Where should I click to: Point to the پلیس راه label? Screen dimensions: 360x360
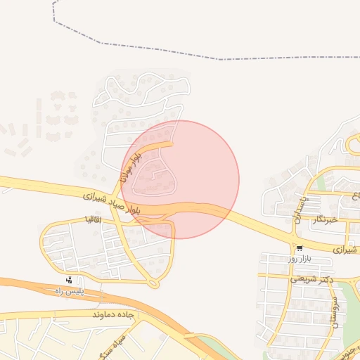click(x=70, y=291)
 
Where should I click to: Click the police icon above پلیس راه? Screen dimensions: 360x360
click(x=68, y=281)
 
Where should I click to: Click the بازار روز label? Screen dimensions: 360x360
click(x=299, y=259)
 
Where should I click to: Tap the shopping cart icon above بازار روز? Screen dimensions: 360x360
click(x=300, y=249)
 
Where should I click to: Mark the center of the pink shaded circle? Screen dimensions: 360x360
click(x=180, y=179)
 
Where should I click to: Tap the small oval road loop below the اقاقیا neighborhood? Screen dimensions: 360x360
click(x=154, y=283)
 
